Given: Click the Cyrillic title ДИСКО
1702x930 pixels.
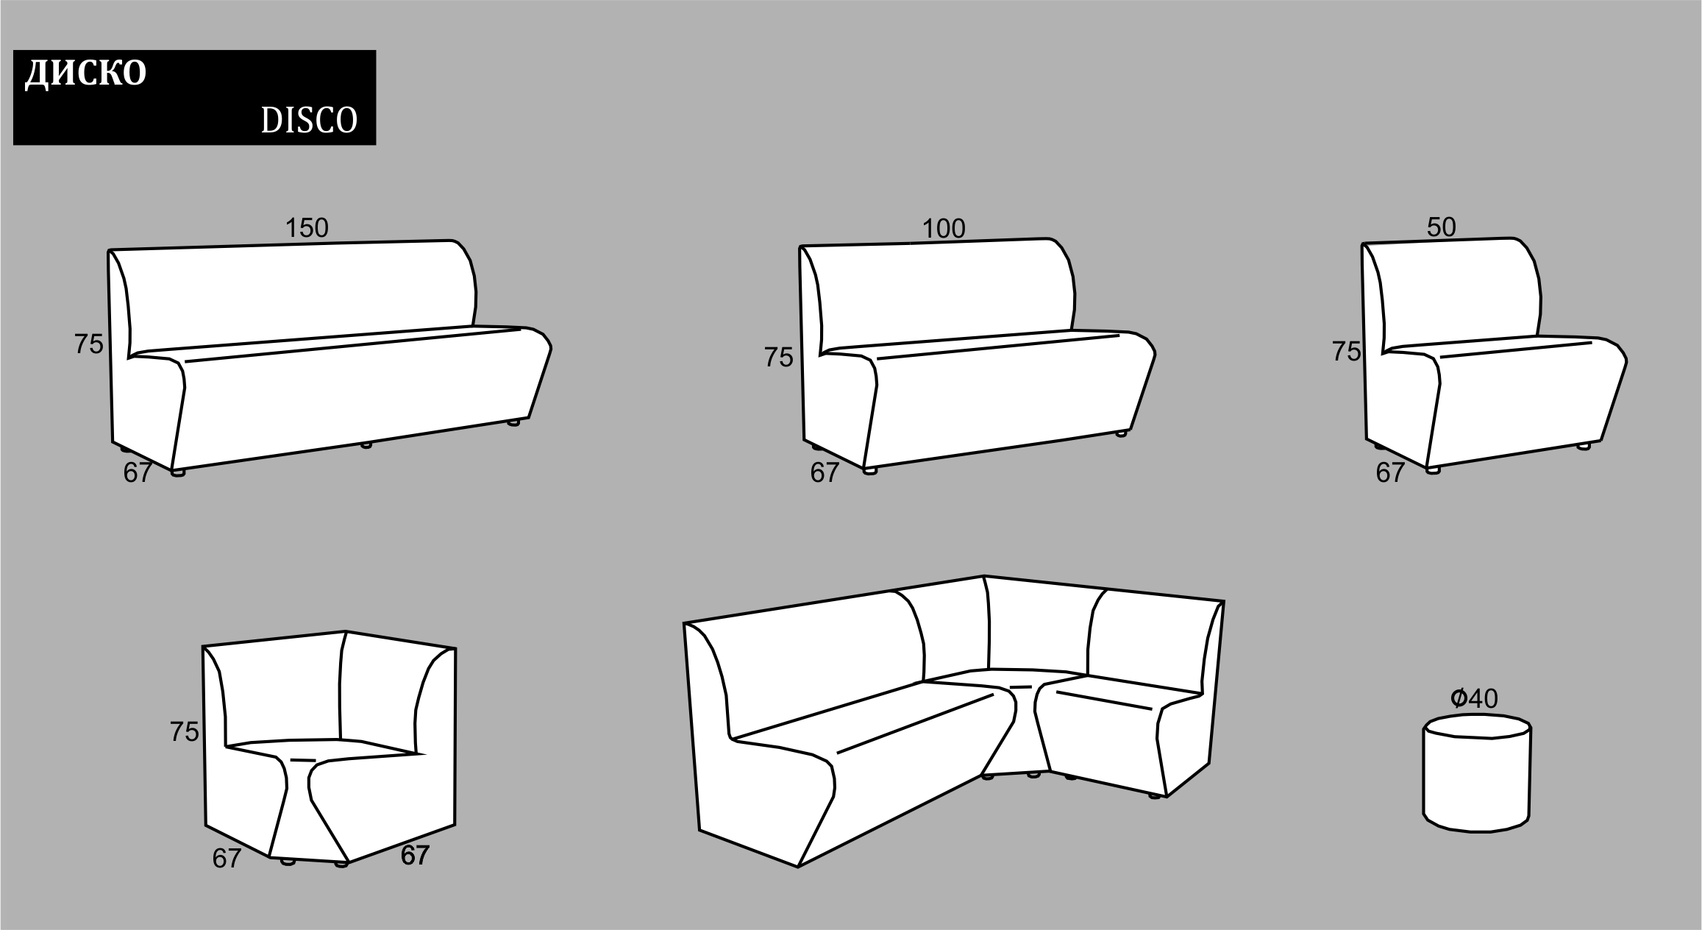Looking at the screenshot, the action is (86, 74).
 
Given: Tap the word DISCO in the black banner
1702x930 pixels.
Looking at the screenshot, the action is (309, 121).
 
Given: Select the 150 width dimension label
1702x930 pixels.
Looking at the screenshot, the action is (307, 229).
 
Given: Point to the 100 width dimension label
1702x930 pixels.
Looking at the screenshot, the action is (944, 230).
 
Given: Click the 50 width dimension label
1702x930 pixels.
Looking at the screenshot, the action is (1442, 227).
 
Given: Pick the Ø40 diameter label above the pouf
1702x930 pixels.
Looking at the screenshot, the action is (1474, 698).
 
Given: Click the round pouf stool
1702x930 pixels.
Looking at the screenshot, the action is (1477, 773).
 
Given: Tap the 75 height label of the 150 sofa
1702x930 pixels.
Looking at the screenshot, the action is (89, 344).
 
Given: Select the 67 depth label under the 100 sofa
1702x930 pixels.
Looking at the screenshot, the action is (825, 473).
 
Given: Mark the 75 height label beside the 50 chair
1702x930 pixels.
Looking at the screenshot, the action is (1346, 352).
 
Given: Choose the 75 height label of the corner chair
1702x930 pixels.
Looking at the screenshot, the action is (185, 731).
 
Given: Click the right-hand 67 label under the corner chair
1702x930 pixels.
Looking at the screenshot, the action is (415, 855).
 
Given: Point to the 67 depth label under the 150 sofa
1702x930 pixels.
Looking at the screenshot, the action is (138, 472).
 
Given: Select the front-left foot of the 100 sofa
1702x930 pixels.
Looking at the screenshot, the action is (870, 470).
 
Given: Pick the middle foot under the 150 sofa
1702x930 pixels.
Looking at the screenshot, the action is (366, 444).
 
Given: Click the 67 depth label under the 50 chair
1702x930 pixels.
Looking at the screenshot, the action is (1390, 473).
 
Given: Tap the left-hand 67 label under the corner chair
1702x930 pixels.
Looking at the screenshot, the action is (227, 859).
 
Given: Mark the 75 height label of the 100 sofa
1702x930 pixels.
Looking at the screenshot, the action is (779, 358).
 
